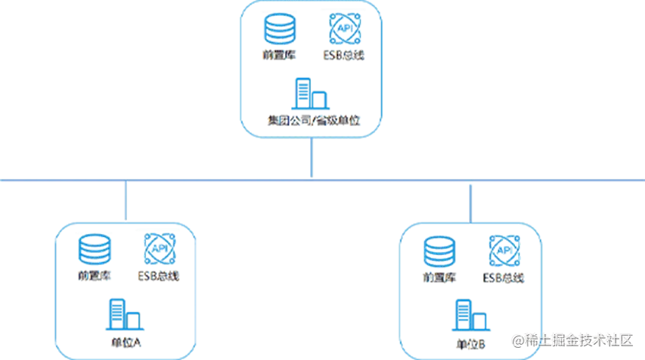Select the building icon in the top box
pos(310,94)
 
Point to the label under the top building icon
pos(311,121)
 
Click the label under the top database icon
pos(278,55)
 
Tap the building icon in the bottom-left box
pos(122,313)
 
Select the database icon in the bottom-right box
pos(439,250)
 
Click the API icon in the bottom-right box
pos(504,251)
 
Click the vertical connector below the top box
pos(311,159)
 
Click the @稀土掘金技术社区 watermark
pos(572,339)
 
